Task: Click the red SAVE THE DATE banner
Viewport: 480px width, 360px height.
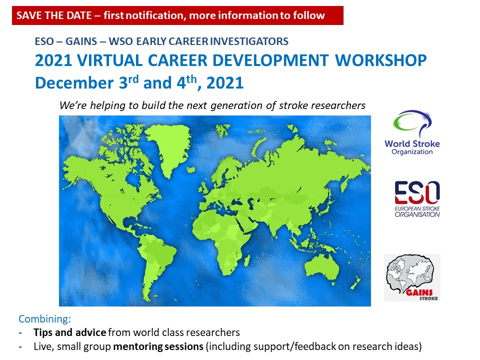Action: click(177, 15)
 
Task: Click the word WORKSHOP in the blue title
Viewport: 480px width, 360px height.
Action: click(381, 60)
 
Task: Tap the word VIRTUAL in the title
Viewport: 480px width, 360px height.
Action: click(109, 60)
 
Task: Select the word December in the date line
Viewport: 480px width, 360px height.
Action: click(74, 82)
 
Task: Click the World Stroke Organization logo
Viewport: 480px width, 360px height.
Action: click(412, 132)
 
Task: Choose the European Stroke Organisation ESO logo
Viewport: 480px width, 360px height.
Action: click(417, 199)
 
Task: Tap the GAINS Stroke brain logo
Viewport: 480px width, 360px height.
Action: click(412, 277)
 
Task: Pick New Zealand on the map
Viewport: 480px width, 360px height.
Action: click(355, 282)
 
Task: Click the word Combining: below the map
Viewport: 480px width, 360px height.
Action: click(44, 319)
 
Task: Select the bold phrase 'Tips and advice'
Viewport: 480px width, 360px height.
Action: click(70, 332)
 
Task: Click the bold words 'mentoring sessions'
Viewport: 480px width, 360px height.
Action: click(158, 346)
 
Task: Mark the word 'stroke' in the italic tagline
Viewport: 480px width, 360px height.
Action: click(293, 105)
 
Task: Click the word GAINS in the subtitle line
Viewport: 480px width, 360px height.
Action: click(81, 41)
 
